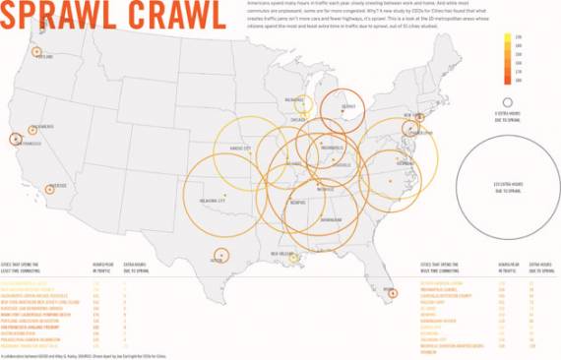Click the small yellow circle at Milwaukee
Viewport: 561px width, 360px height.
(304, 104)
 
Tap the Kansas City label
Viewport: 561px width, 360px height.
(241, 149)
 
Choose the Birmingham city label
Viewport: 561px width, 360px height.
(330, 220)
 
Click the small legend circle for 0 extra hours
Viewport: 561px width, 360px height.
(507, 101)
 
